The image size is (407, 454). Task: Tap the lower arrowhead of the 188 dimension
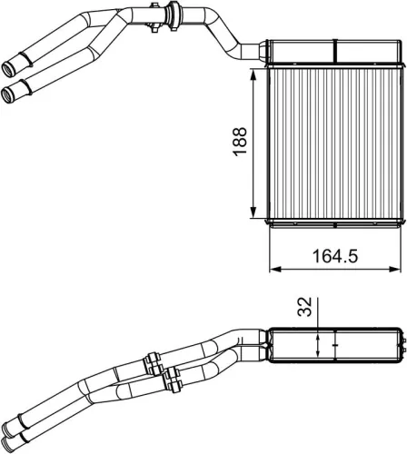[x=253, y=216]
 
